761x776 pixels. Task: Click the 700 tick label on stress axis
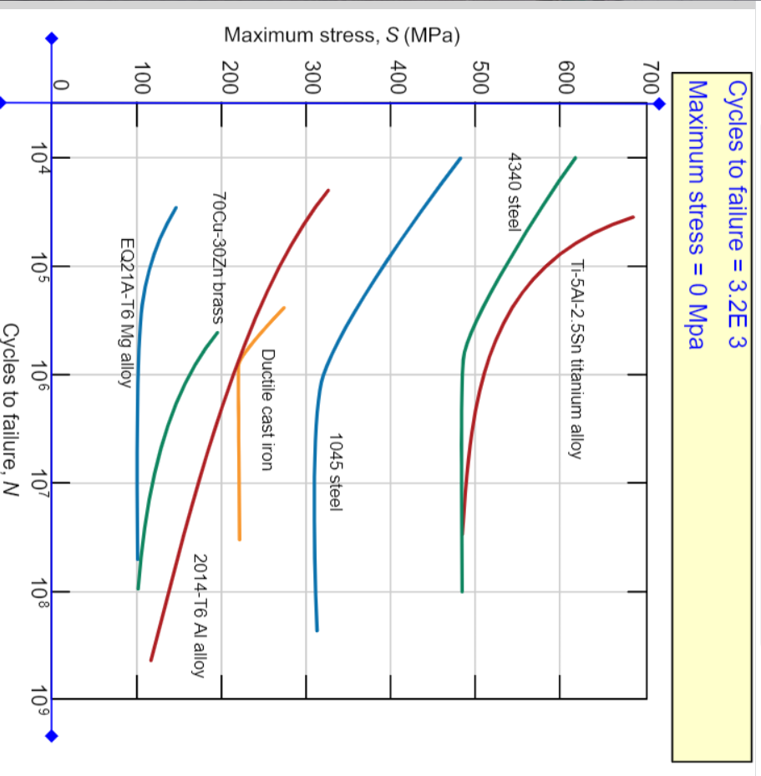pos(652,77)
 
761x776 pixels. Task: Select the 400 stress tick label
pos(398,77)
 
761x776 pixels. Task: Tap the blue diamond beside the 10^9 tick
pos(51,737)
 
